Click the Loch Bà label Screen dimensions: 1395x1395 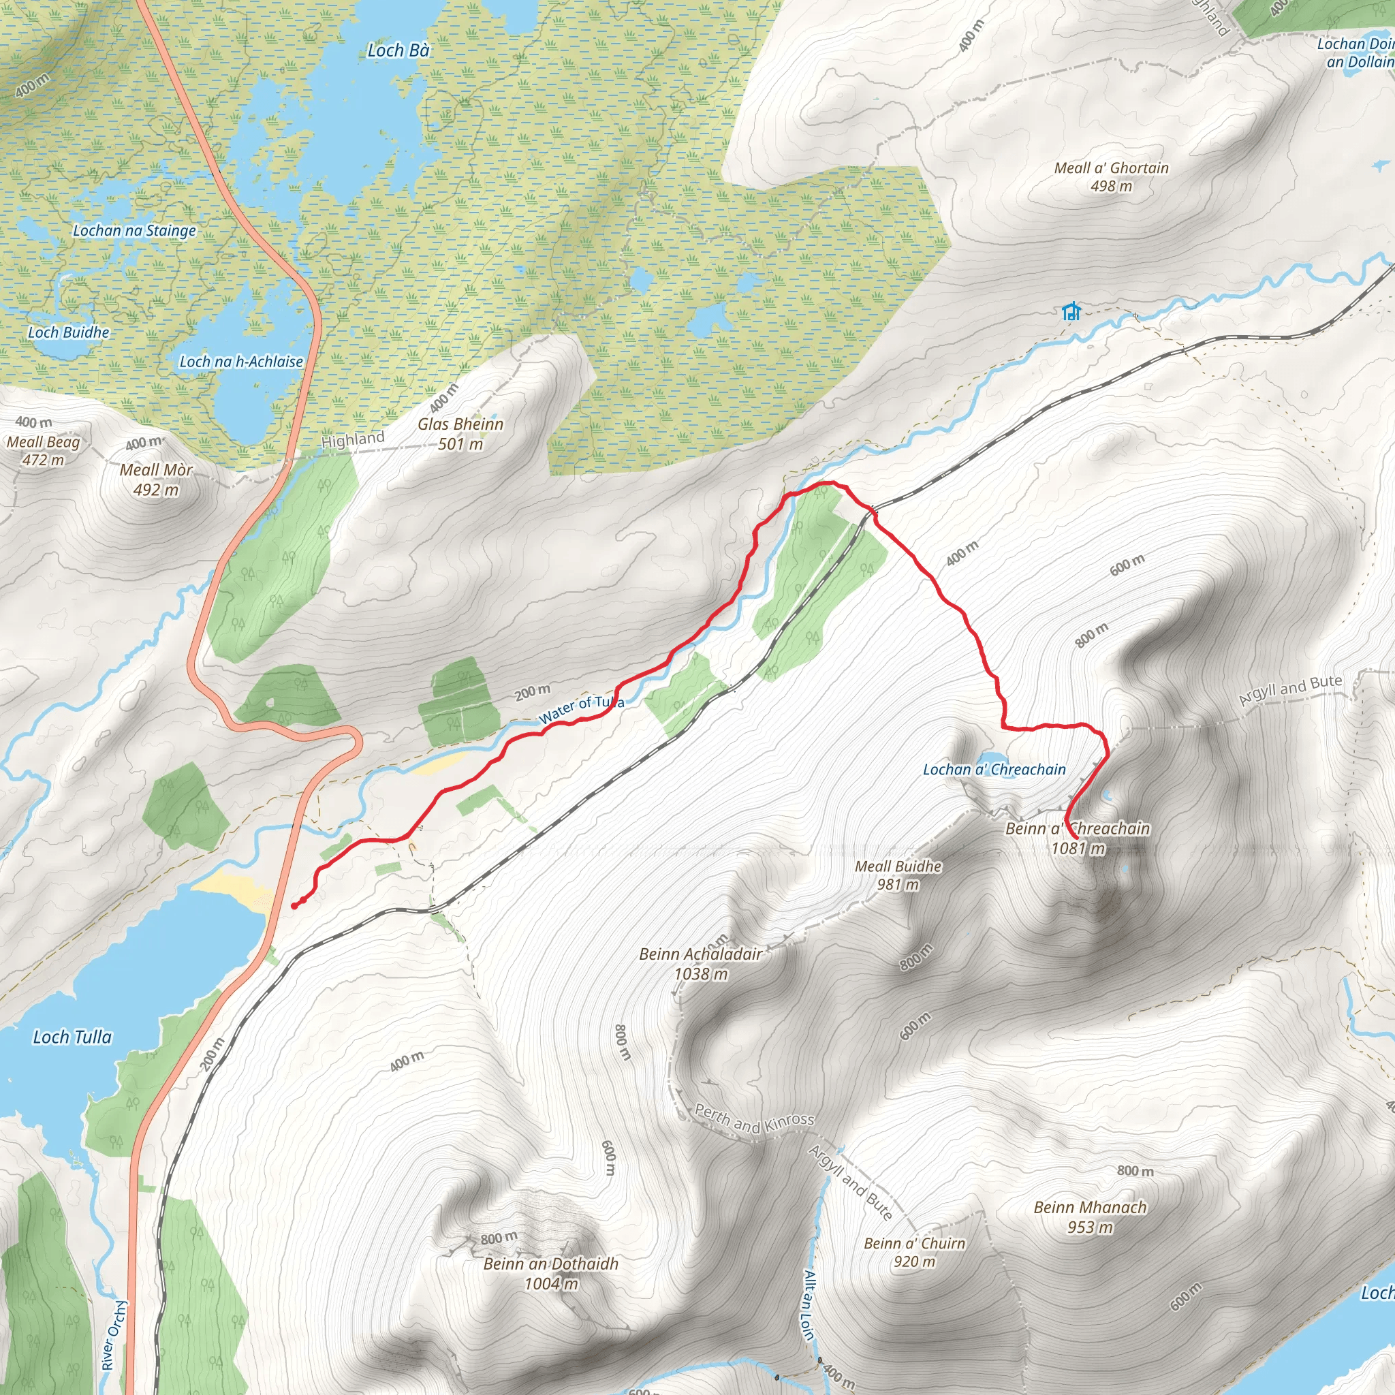[x=398, y=50]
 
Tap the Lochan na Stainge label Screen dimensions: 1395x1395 [x=134, y=231]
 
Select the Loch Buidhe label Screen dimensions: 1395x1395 [x=69, y=333]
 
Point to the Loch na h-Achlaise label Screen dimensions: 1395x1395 [x=241, y=362]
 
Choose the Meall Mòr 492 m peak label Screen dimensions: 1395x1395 [x=156, y=480]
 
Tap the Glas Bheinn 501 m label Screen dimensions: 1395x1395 [x=460, y=434]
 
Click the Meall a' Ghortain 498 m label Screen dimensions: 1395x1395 [x=1111, y=177]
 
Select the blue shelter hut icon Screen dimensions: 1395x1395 [x=1071, y=311]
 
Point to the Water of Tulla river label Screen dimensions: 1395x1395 [x=581, y=709]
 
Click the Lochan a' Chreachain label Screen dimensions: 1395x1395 [x=994, y=770]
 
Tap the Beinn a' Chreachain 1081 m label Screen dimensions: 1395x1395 [x=1078, y=838]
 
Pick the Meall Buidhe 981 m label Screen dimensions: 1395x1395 [x=898, y=875]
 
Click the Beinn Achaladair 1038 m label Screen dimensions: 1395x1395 [x=700, y=964]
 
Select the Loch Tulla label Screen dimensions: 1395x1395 [x=72, y=1037]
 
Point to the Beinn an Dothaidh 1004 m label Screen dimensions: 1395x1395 [x=551, y=1274]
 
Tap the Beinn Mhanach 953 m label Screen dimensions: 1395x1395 [x=1090, y=1217]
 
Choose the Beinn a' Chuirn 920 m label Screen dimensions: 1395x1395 [x=914, y=1253]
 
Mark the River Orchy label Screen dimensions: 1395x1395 [x=112, y=1335]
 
